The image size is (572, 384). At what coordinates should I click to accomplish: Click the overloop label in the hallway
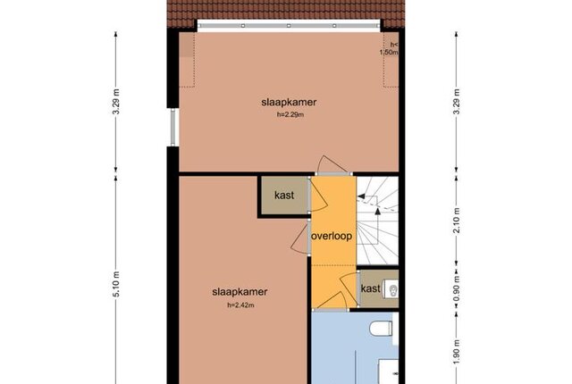[x=332, y=236]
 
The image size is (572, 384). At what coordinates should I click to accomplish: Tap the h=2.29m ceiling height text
[x=290, y=114]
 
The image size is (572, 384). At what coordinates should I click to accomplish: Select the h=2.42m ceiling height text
[x=240, y=305]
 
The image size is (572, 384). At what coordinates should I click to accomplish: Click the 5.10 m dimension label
[x=116, y=285]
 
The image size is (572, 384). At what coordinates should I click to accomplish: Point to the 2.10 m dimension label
[x=457, y=220]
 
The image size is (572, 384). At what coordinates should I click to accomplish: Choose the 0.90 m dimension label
[x=457, y=289]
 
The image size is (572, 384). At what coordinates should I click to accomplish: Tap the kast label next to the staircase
[x=371, y=288]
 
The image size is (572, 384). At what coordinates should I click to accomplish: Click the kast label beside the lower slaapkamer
[x=284, y=196]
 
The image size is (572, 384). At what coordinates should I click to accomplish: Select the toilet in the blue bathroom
[x=382, y=329]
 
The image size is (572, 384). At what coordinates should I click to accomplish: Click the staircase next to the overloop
[x=377, y=221]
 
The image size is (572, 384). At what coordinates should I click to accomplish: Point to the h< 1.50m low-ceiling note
[x=390, y=48]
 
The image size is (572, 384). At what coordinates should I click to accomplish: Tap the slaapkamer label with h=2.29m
[x=289, y=102]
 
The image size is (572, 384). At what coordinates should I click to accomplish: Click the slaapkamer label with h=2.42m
[x=240, y=292]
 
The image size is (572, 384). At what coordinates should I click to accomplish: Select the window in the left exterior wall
[x=172, y=127]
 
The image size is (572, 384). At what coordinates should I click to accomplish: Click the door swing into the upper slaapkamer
[x=332, y=163]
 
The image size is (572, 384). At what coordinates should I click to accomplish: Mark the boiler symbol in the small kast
[x=393, y=290]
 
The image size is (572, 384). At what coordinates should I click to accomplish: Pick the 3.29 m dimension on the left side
[x=116, y=102]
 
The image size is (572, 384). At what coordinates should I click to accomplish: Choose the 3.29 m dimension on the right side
[x=457, y=102]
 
